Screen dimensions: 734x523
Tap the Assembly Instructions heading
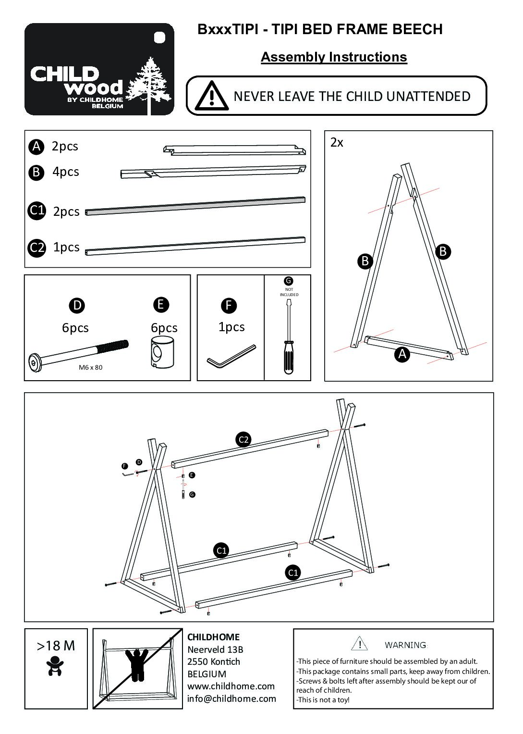click(x=334, y=57)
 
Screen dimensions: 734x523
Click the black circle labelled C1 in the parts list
click(x=36, y=211)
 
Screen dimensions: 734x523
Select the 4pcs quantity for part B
click(x=66, y=172)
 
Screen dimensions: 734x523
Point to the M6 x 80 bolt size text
click(x=90, y=368)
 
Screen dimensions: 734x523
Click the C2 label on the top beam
click(x=244, y=439)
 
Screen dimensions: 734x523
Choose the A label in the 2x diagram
click(x=401, y=354)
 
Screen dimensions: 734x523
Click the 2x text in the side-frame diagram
click(x=337, y=143)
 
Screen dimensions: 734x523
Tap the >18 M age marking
click(x=56, y=646)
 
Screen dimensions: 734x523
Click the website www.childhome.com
click(x=231, y=686)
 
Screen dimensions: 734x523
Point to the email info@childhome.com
click(x=231, y=698)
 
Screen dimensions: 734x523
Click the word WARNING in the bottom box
click(x=406, y=645)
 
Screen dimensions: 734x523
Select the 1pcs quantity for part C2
click(x=66, y=247)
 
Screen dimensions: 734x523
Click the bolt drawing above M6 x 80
click(x=79, y=354)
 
